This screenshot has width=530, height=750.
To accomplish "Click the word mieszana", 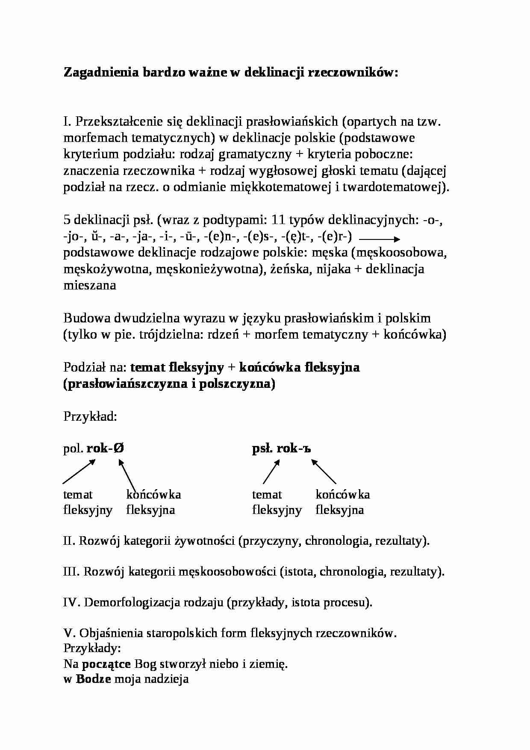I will [90, 285].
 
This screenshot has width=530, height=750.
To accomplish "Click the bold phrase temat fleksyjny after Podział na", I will [177, 367].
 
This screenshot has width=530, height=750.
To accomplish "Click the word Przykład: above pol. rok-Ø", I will [90, 416].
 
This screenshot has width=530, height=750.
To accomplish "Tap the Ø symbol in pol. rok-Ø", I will [120, 449].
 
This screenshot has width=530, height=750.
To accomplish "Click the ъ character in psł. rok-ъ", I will [305, 449].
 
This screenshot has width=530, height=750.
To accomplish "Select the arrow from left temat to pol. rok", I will [79, 472].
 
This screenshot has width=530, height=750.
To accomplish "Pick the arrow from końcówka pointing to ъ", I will [324, 472].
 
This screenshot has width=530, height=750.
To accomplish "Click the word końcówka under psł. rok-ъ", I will [343, 495].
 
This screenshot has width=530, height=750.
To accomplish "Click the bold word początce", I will [106, 664].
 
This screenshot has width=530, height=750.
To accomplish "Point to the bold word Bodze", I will [94, 679].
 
